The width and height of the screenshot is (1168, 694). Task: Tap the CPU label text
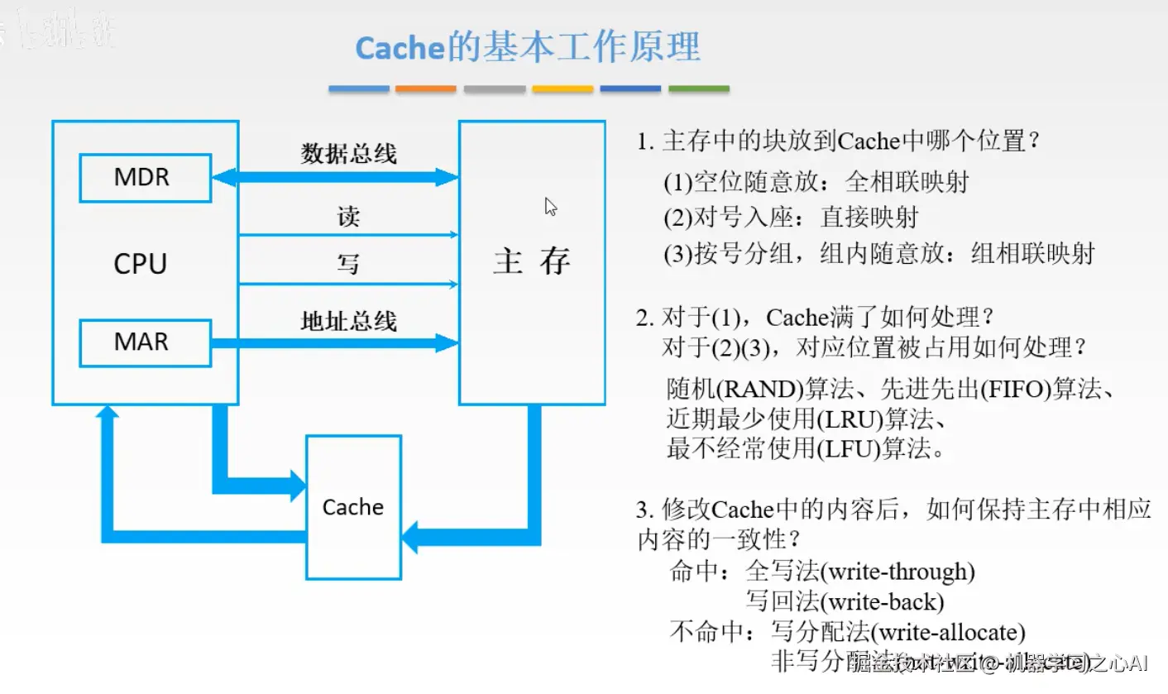coord(141,264)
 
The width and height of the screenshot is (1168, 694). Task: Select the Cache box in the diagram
coord(353,506)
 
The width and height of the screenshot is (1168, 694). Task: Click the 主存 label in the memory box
coord(532,261)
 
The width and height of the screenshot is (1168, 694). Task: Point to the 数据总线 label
coord(348,154)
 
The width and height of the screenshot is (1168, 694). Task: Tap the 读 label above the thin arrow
coord(348,217)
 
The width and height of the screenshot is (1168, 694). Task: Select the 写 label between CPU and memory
coord(348,264)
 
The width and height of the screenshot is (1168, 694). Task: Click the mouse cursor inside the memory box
coord(550,206)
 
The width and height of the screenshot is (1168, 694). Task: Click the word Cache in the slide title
coord(400,48)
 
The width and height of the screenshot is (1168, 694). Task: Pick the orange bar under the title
coord(425,89)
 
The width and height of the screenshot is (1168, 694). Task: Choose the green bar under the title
coord(698,89)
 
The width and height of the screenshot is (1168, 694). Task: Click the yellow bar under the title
coord(562,89)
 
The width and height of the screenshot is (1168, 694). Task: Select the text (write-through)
coord(901,572)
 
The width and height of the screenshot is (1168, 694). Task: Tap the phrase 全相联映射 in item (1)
coord(907,182)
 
